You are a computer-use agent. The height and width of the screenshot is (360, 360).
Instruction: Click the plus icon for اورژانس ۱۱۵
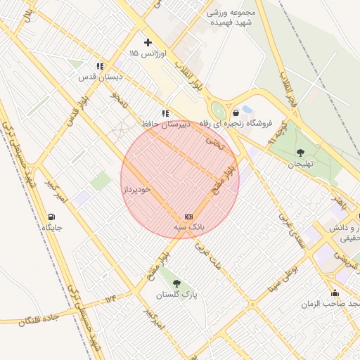[148, 43]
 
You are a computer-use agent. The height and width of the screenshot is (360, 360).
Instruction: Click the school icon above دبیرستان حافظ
[165, 113]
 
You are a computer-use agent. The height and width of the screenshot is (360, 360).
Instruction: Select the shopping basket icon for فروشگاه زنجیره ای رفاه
[235, 112]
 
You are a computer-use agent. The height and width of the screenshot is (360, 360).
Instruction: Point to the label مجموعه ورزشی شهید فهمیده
[231, 17]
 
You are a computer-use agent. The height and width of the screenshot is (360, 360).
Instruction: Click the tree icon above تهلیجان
[301, 153]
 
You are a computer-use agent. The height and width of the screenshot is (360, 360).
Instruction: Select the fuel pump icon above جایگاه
[51, 217]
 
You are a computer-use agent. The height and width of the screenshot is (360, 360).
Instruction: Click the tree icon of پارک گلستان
[176, 283]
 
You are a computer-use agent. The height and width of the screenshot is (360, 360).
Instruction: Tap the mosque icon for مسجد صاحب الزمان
[335, 292]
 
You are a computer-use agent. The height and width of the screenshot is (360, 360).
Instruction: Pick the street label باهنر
[340, 202]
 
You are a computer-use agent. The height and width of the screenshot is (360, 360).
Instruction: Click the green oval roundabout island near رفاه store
[219, 110]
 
